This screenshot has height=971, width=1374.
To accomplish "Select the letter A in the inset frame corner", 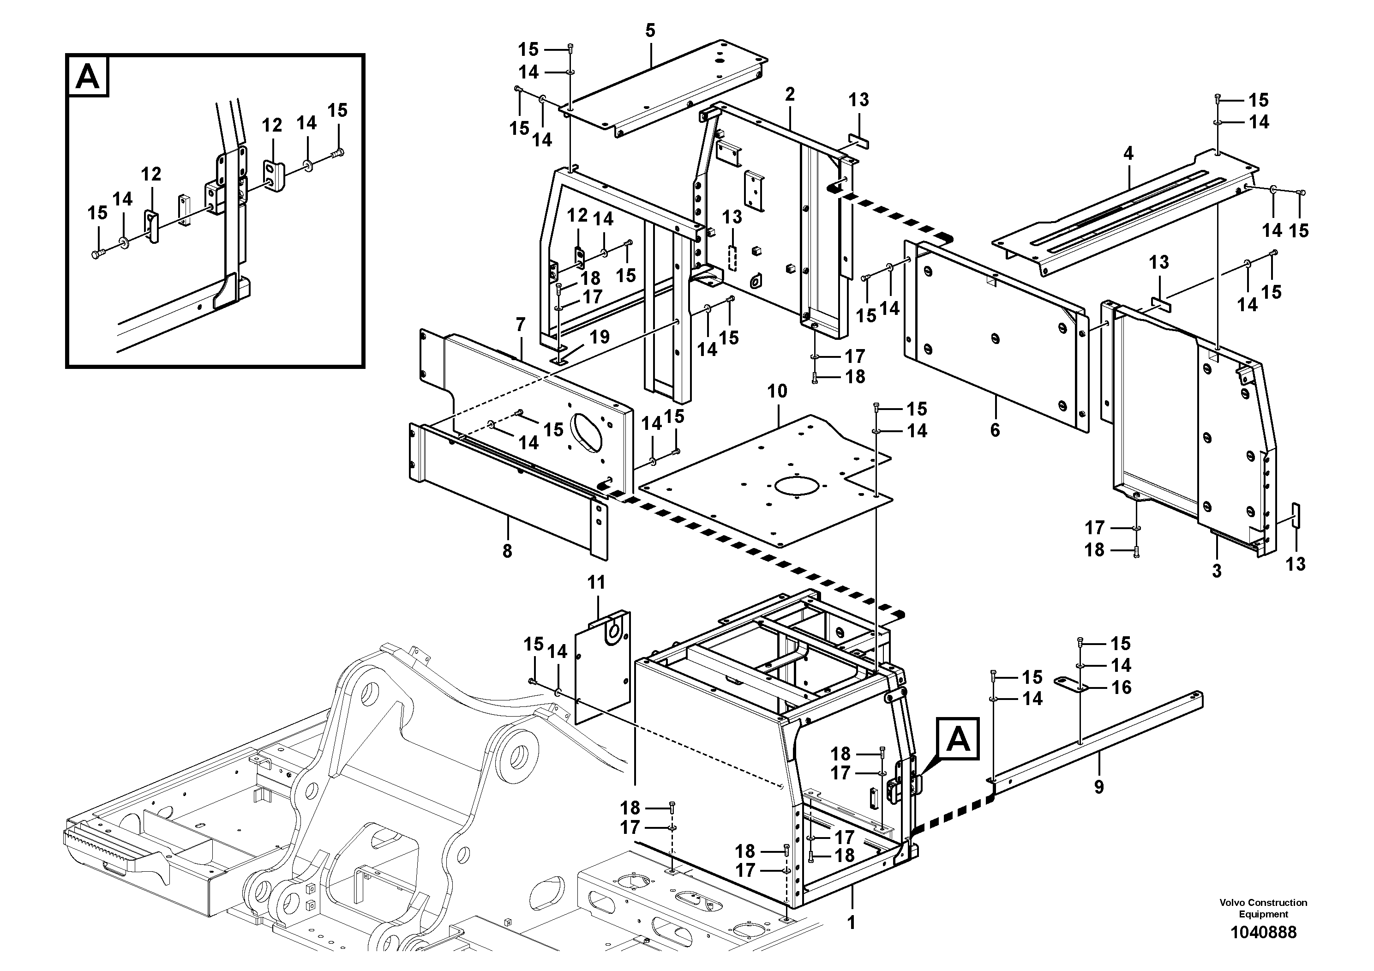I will tap(89, 77).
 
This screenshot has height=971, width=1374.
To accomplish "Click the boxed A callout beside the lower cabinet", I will tap(958, 740).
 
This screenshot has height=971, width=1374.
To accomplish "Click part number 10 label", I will tap(777, 392).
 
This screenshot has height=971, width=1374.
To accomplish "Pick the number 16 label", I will tap(1121, 687).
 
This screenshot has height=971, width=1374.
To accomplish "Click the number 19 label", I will tap(599, 337).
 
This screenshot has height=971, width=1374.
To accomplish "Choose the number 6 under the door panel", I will tap(995, 430).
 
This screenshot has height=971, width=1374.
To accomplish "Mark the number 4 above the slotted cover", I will tap(1128, 154).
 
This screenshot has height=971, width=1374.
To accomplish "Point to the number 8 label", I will tap(508, 551).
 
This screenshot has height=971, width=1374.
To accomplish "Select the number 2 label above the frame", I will tap(790, 95).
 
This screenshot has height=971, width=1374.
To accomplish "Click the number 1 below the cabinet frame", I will tap(852, 923).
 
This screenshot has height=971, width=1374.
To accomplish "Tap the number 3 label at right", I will tap(1217, 571).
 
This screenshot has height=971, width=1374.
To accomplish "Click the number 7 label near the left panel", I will tap(521, 325).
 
